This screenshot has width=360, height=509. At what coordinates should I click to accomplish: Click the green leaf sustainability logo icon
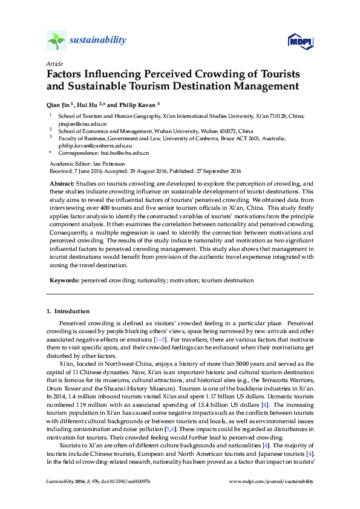coord(56,41)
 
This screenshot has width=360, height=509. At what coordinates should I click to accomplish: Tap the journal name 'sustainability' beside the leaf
coord(98,41)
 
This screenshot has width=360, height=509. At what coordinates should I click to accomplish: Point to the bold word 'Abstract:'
coord(62,183)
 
